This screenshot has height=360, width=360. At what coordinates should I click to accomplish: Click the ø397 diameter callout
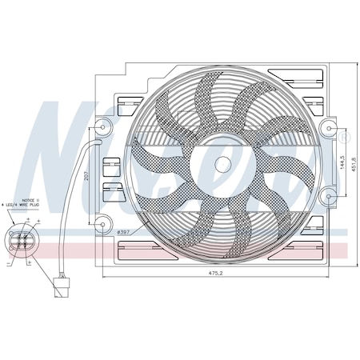(x=124, y=232)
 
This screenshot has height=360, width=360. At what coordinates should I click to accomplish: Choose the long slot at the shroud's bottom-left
(x=144, y=255)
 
